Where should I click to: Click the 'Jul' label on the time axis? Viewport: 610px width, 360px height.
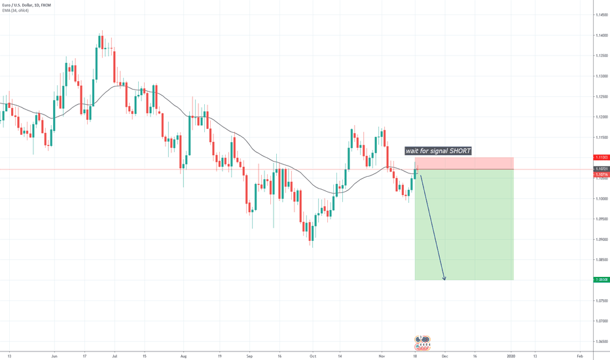[115, 355]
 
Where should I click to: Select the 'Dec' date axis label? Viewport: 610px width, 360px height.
[444, 355]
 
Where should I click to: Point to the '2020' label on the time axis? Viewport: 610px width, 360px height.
[512, 355]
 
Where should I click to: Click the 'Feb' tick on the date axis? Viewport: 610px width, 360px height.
[579, 355]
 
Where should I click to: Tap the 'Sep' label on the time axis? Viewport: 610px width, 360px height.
[249, 355]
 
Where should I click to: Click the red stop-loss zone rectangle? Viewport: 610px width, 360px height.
[464, 163]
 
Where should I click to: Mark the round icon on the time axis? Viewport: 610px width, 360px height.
[418, 340]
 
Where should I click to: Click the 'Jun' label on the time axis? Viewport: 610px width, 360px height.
[54, 355]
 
